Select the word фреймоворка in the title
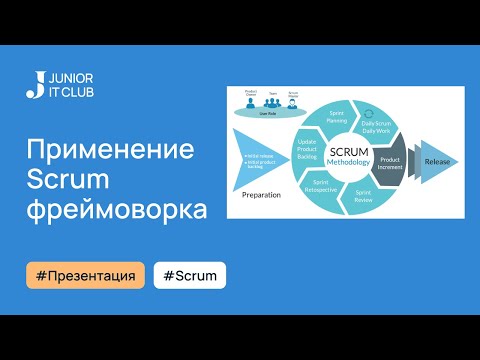[x=117, y=211]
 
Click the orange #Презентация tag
[x=85, y=275]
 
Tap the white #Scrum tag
[x=190, y=275]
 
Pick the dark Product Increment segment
[x=390, y=163]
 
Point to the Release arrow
[x=436, y=160]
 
